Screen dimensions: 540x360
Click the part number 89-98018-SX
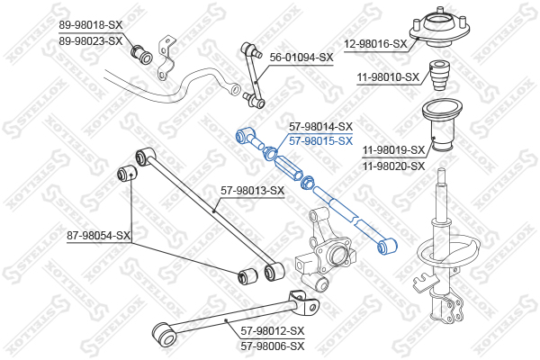point(91,25)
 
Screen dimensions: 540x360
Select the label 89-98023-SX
point(91,41)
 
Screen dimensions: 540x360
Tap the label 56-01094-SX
point(301,58)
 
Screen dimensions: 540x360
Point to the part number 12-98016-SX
point(375,44)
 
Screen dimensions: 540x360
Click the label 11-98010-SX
point(388,77)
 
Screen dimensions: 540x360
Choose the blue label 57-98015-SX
point(320,141)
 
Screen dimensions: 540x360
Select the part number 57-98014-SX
point(320,126)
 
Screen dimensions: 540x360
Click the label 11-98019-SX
point(393,150)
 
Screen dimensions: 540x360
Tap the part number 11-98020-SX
point(393,166)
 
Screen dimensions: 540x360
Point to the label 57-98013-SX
point(252,191)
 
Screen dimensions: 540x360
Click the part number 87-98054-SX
point(99,236)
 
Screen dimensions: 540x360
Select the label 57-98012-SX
point(273,331)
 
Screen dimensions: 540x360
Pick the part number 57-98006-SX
point(273,346)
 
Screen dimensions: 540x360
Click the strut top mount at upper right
point(439,28)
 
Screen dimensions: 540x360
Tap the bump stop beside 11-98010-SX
point(440,76)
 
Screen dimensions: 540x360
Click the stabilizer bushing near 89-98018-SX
point(141,54)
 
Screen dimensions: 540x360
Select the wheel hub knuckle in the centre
point(326,250)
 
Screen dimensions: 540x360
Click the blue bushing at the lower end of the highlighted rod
point(387,247)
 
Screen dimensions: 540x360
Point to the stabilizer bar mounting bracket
point(166,57)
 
